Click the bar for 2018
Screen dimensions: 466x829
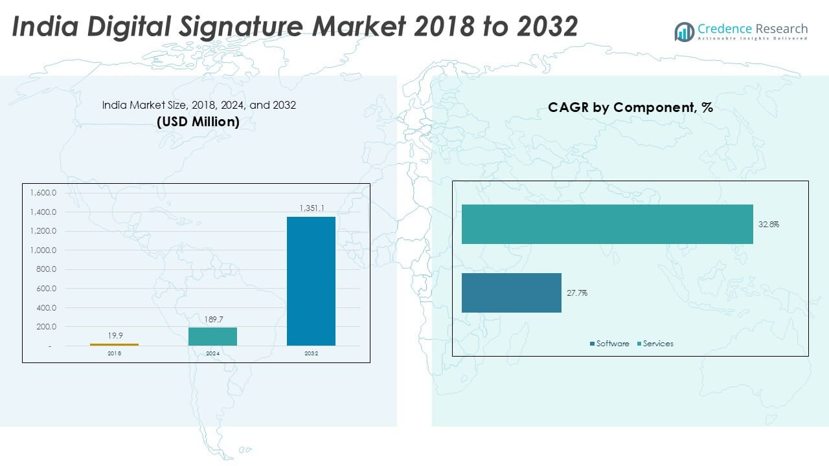114,344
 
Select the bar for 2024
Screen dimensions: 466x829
212,337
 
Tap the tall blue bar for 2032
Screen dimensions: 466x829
311,281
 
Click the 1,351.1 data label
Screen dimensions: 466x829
312,208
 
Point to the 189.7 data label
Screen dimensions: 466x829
212,319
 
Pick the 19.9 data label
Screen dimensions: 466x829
115,336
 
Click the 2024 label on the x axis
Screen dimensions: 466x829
212,354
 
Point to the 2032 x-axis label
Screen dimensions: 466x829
311,354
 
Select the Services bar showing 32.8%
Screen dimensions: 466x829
607,224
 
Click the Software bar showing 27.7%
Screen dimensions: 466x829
511,293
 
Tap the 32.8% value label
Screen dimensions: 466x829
769,225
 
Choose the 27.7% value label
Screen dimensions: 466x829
577,293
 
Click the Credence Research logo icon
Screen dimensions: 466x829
684,31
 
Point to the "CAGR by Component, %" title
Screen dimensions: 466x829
630,107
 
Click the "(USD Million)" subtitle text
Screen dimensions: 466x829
198,122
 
